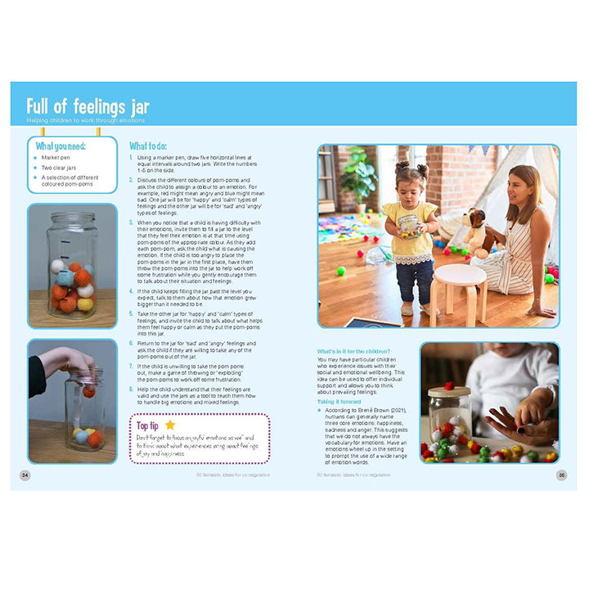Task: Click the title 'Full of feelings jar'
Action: (88, 106)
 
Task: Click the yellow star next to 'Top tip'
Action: (170, 425)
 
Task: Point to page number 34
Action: (25, 474)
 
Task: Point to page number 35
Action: (562, 474)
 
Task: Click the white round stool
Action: (459, 281)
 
